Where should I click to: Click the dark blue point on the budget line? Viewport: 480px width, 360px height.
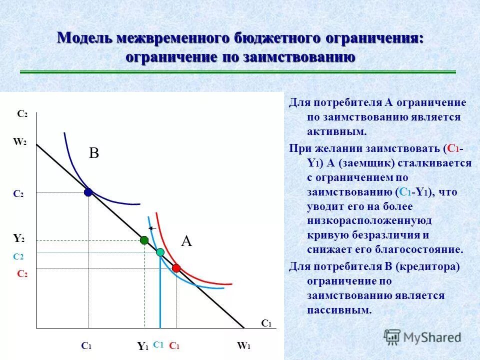(88, 192)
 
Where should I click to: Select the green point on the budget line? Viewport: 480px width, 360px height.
(144, 240)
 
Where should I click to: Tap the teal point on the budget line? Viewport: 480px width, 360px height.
(160, 252)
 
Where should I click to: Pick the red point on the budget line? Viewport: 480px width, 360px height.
(176, 268)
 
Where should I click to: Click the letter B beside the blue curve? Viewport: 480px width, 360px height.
(94, 153)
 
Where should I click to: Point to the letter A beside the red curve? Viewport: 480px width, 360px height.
(186, 242)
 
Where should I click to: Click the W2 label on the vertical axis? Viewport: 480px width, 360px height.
(20, 142)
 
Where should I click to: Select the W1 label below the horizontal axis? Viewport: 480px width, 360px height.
(243, 345)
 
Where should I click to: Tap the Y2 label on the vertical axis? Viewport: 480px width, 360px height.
(19, 239)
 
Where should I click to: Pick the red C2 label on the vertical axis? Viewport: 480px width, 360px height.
(22, 274)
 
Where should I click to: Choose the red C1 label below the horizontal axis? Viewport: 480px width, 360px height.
(174, 345)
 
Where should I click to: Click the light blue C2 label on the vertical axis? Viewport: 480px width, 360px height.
(18, 256)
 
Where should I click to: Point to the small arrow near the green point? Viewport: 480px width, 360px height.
(153, 228)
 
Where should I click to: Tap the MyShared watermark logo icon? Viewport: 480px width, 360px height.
(392, 337)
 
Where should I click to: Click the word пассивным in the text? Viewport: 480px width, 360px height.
(339, 309)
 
